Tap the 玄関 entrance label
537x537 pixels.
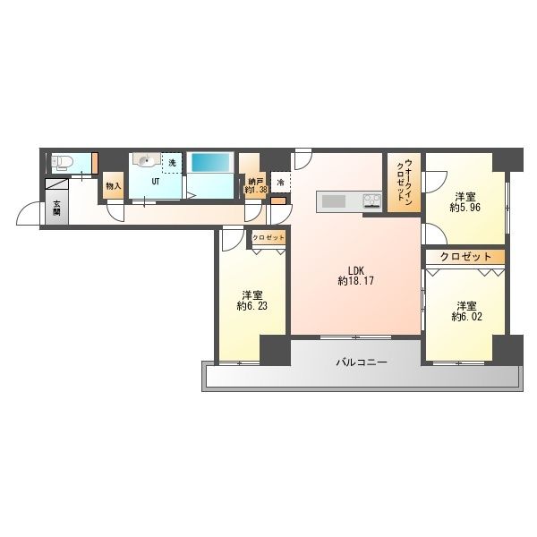[56, 208]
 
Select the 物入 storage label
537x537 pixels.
[114, 186]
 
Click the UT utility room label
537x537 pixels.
[156, 182]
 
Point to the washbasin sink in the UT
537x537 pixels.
[147, 159]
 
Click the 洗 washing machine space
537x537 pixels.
[172, 163]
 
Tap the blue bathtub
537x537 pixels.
[210, 162]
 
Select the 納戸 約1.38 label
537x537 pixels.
[255, 185]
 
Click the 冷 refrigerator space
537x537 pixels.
[280, 183]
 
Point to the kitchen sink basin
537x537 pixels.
[333, 201]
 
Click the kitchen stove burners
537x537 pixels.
[372, 200]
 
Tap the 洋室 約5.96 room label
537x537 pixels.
[465, 202]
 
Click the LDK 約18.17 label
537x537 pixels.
[356, 276]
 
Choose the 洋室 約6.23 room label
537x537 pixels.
[252, 301]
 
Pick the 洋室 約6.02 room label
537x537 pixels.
[467, 311]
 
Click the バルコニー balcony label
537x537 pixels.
[362, 362]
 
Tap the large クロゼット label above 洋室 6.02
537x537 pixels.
[465, 256]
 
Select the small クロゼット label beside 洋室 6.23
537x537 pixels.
[268, 237]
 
